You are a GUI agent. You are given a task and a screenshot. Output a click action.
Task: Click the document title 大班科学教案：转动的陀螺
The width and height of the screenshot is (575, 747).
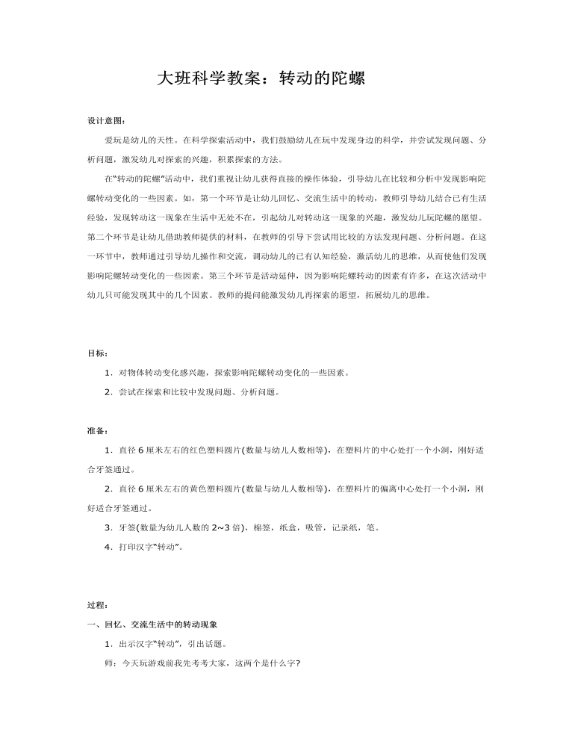point(261,78)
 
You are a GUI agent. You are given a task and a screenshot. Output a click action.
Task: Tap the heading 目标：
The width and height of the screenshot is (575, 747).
point(97,352)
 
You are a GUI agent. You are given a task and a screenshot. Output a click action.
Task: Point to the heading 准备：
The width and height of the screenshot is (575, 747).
point(97,430)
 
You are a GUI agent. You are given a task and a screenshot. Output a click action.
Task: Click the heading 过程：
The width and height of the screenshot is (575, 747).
point(97,604)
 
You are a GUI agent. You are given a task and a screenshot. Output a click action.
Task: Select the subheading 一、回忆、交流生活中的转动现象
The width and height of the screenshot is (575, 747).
point(153,623)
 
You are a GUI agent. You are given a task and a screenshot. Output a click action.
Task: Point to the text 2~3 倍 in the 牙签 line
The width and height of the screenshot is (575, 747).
point(213,527)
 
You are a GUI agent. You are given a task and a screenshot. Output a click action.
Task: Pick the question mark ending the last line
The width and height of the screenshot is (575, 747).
point(297,662)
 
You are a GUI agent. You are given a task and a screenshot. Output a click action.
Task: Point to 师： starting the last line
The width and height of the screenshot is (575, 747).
point(110,662)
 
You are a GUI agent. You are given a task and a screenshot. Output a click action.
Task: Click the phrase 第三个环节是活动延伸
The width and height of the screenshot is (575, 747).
point(250,276)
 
